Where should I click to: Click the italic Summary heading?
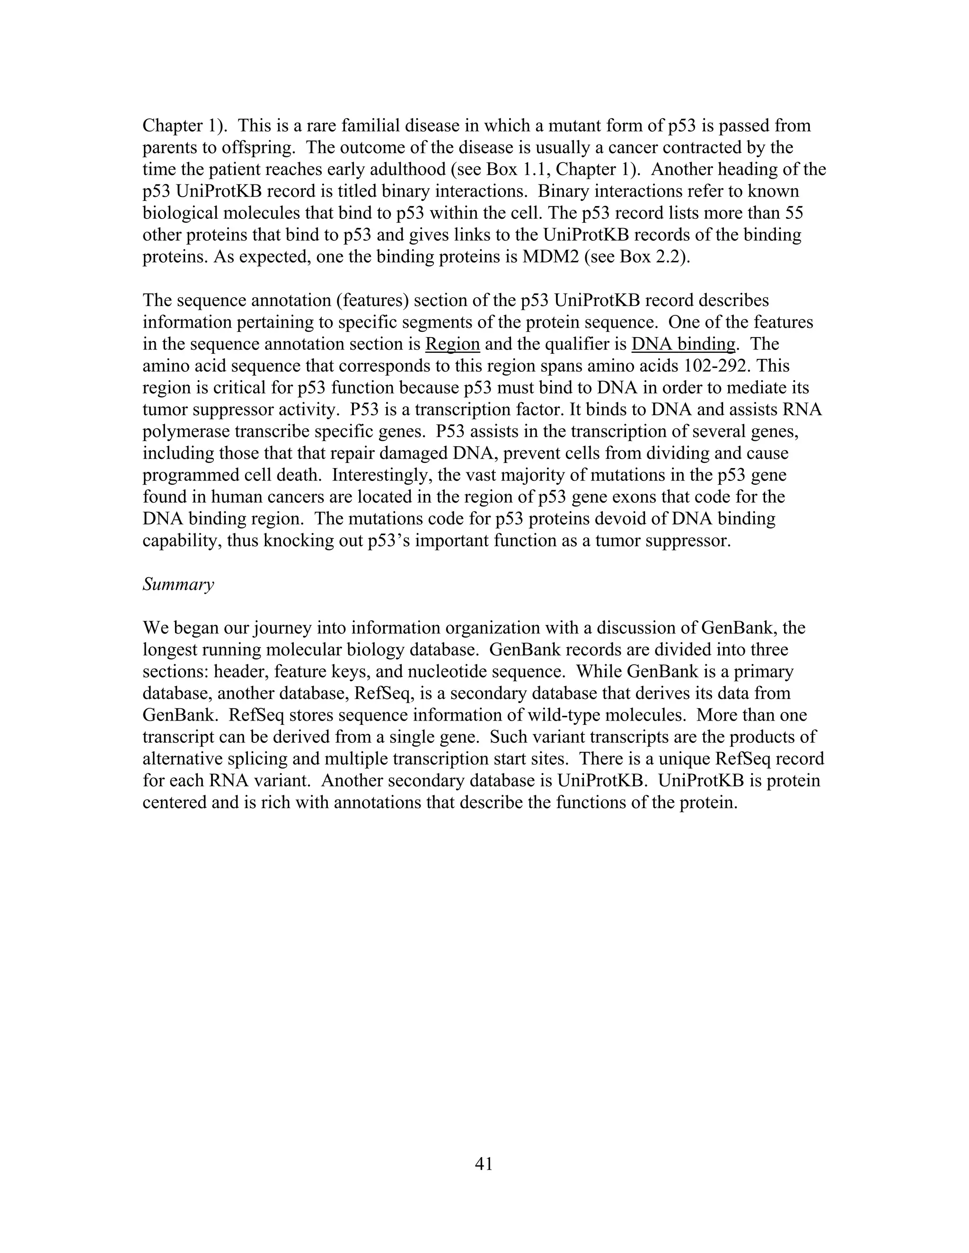click(x=178, y=584)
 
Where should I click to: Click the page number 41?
click(x=484, y=1164)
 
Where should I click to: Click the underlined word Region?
click(x=452, y=344)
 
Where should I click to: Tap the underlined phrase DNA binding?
click(x=683, y=344)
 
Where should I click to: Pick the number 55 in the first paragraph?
click(x=792, y=213)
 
